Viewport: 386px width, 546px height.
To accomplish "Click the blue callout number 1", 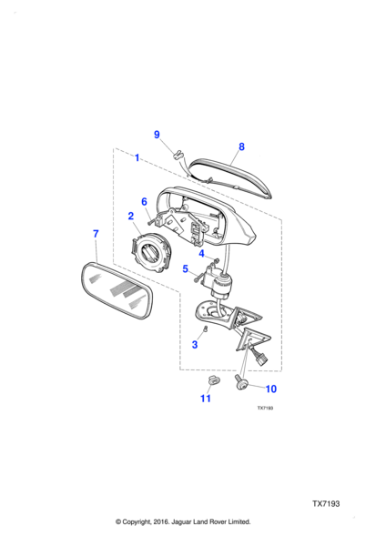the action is [x=137, y=157].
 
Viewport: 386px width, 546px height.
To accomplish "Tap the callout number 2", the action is [x=131, y=216].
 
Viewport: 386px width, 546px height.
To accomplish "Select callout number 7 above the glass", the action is [x=96, y=234].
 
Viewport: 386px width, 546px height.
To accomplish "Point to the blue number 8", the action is [x=241, y=147].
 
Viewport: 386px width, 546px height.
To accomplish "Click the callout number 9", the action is [x=157, y=135].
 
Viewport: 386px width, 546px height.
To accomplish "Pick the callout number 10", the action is [x=271, y=389].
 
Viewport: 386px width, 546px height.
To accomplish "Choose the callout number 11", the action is [x=206, y=399].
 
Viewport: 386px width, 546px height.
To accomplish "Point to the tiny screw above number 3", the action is [x=206, y=329].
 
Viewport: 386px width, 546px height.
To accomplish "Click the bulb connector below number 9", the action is [x=179, y=155].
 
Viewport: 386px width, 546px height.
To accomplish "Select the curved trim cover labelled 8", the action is [x=230, y=177].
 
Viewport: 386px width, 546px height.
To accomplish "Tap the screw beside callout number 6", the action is [x=151, y=220].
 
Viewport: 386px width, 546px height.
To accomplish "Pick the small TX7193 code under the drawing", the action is [x=265, y=408].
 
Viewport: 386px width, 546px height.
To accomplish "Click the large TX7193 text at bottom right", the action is [x=326, y=504].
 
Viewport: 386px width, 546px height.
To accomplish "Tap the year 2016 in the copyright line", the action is [x=160, y=521].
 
